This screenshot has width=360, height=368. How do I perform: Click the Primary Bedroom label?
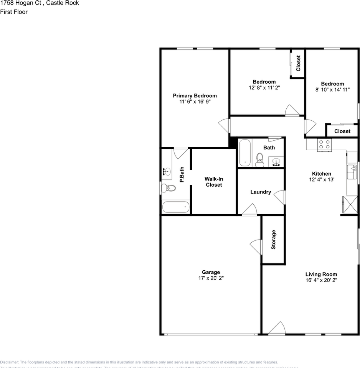tap(195, 96)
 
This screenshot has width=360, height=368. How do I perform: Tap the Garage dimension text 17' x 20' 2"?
tap(211, 278)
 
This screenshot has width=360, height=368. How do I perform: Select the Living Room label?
tap(321, 274)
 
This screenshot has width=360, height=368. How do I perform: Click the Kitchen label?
tap(321, 174)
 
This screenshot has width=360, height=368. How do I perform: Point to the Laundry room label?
tap(261, 192)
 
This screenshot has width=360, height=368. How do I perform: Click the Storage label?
tap(274, 240)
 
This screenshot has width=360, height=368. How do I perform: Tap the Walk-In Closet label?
tap(213, 182)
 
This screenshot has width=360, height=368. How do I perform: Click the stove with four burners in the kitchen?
tap(324, 144)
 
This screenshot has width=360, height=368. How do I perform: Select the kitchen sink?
tap(352, 172)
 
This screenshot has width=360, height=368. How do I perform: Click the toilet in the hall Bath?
tap(260, 159)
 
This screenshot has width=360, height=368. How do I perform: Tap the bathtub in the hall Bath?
tap(245, 153)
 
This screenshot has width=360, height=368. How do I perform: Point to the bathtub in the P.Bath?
tap(176, 207)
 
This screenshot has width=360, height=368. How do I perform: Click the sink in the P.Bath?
tap(167, 172)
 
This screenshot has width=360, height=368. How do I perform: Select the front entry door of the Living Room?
tap(277, 329)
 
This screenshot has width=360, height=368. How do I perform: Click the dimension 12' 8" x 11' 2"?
tap(264, 87)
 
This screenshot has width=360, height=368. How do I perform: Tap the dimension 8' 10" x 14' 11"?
tap(332, 90)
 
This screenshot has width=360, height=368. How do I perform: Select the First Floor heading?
tap(14, 12)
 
